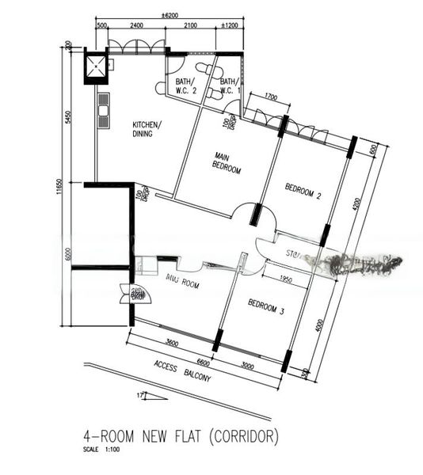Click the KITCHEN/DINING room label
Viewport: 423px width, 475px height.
tap(147, 130)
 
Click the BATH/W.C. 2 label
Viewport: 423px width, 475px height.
tap(183, 85)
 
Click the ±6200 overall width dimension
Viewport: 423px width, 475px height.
tap(170, 14)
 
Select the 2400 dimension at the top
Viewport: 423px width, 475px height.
tap(136, 25)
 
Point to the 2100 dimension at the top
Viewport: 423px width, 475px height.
tap(190, 25)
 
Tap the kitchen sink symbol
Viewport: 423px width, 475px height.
tap(103, 111)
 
